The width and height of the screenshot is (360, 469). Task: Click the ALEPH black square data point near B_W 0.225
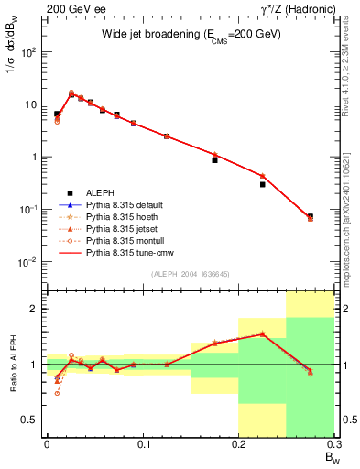pos(262,184)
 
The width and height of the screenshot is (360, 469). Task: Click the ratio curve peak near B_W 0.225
pos(262,333)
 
